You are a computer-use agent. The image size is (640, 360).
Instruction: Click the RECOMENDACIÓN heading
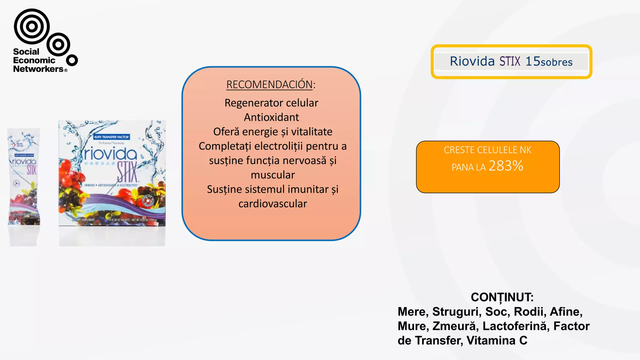[x=269, y=85]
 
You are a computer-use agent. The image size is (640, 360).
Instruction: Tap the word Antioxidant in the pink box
[x=271, y=117]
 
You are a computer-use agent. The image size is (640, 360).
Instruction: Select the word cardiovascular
[x=272, y=204]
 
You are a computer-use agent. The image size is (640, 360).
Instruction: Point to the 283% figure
[x=506, y=166]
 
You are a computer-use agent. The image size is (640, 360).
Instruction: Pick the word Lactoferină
[x=515, y=326]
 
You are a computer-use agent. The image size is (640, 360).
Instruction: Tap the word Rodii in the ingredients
[x=530, y=312]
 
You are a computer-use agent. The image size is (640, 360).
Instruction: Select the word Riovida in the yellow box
[x=472, y=61]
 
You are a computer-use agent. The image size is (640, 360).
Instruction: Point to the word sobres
[x=557, y=62]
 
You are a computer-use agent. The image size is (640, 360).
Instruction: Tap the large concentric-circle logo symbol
[x=32, y=26]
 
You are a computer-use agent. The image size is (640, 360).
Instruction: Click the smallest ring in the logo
[x=72, y=60]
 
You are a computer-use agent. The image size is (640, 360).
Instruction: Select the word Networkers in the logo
[x=38, y=69]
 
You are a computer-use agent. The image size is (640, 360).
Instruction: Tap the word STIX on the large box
[x=127, y=172]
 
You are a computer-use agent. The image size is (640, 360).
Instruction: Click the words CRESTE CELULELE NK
[x=487, y=150]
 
